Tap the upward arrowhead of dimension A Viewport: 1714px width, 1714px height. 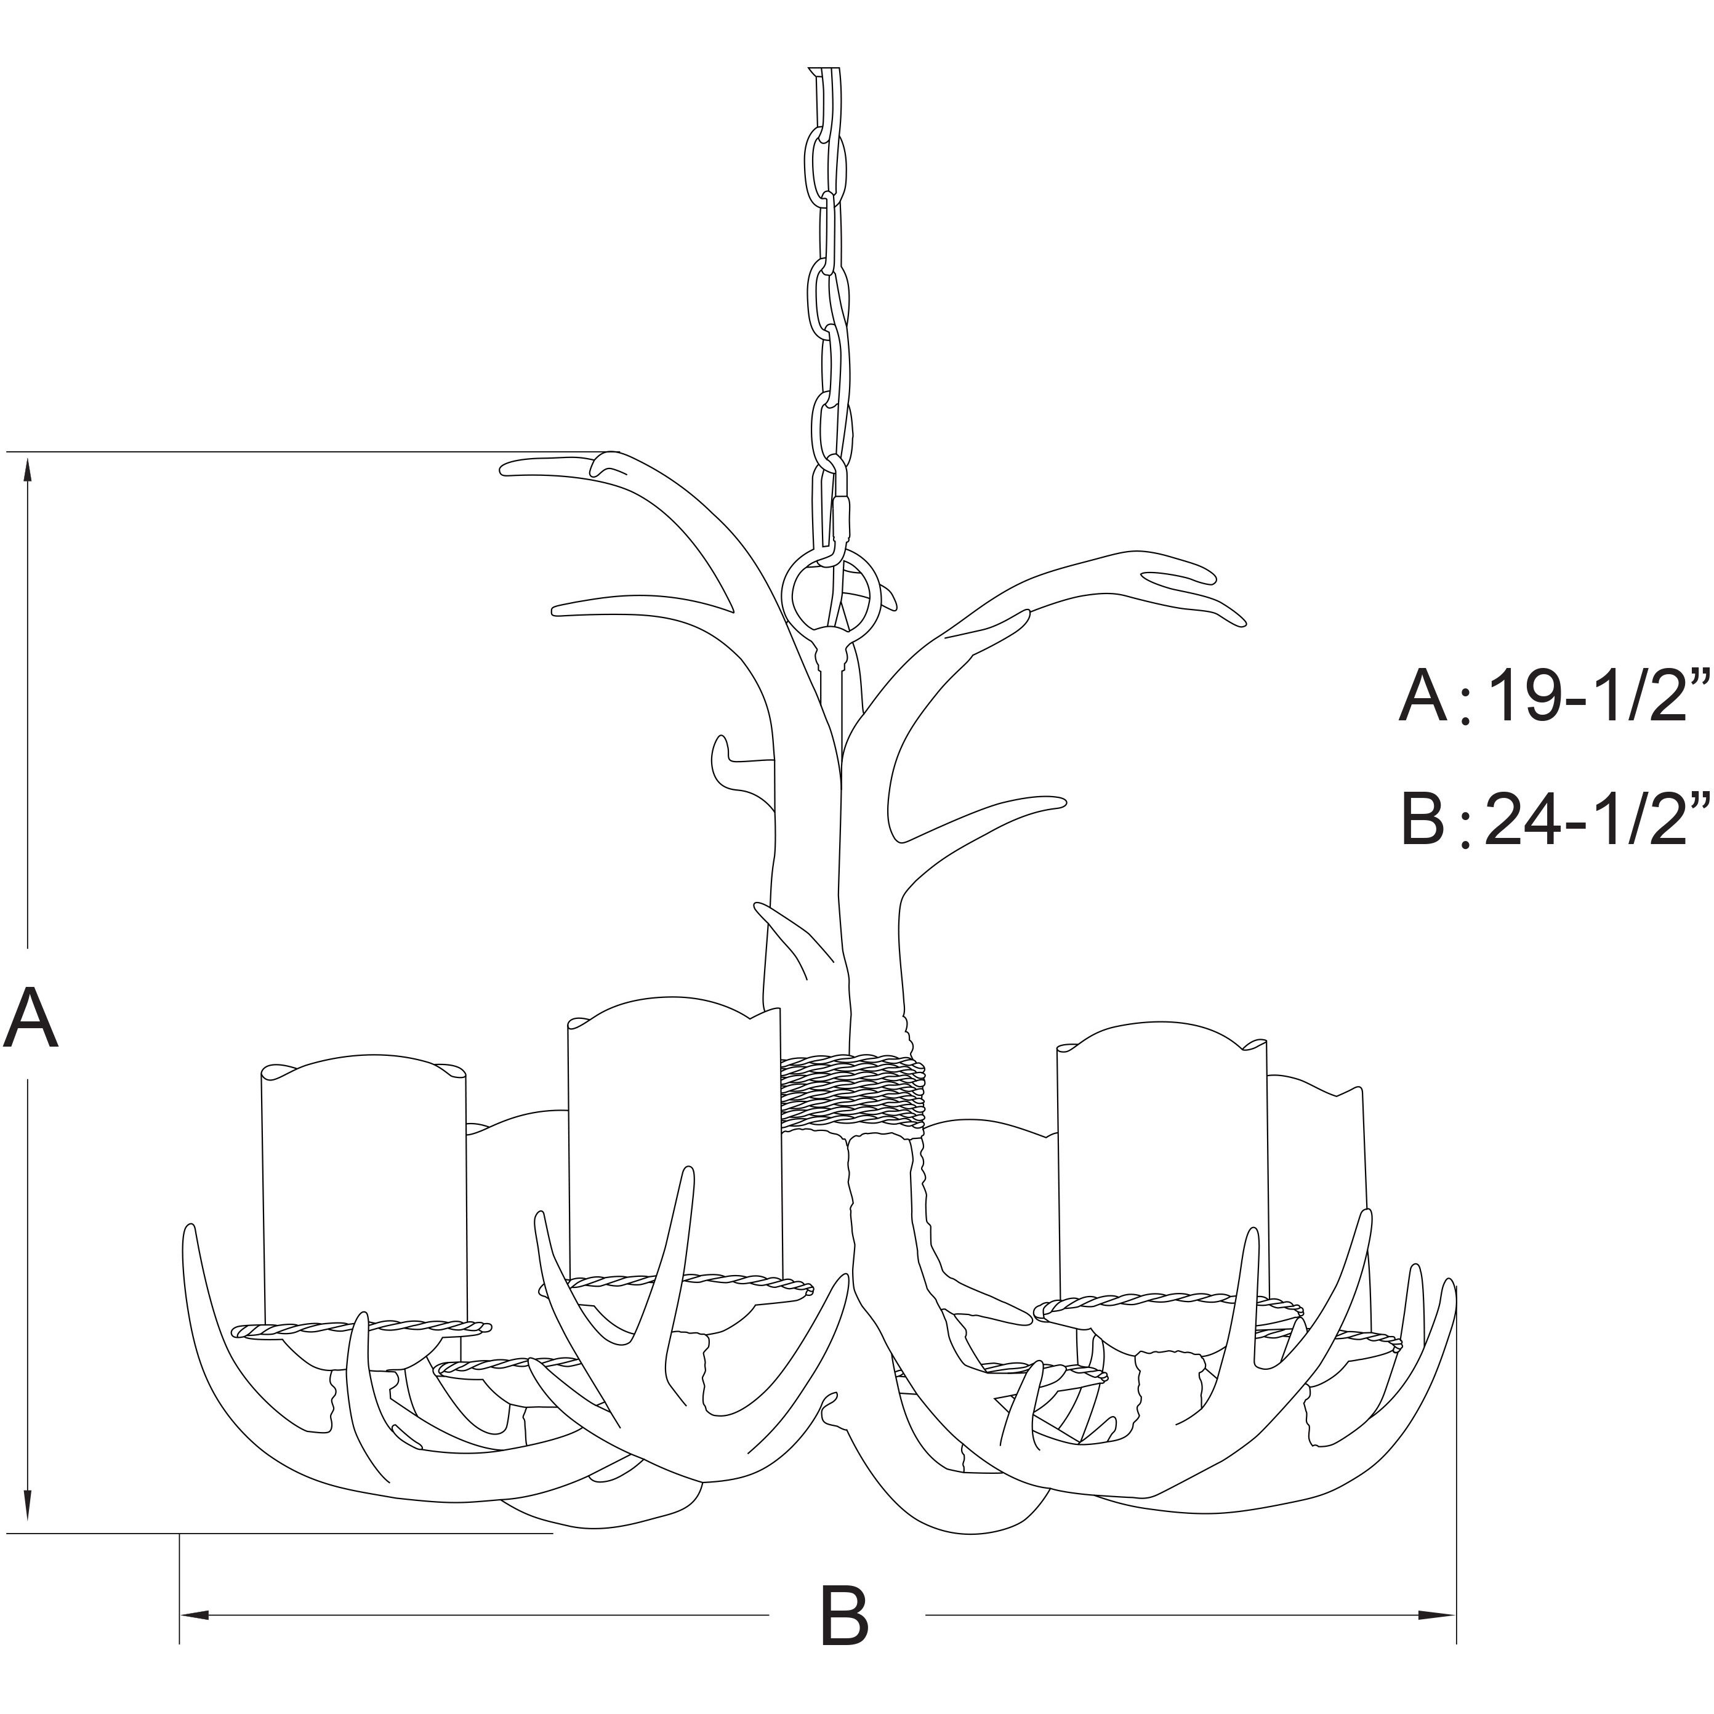tap(28, 470)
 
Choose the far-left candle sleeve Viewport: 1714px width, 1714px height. tap(364, 1189)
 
